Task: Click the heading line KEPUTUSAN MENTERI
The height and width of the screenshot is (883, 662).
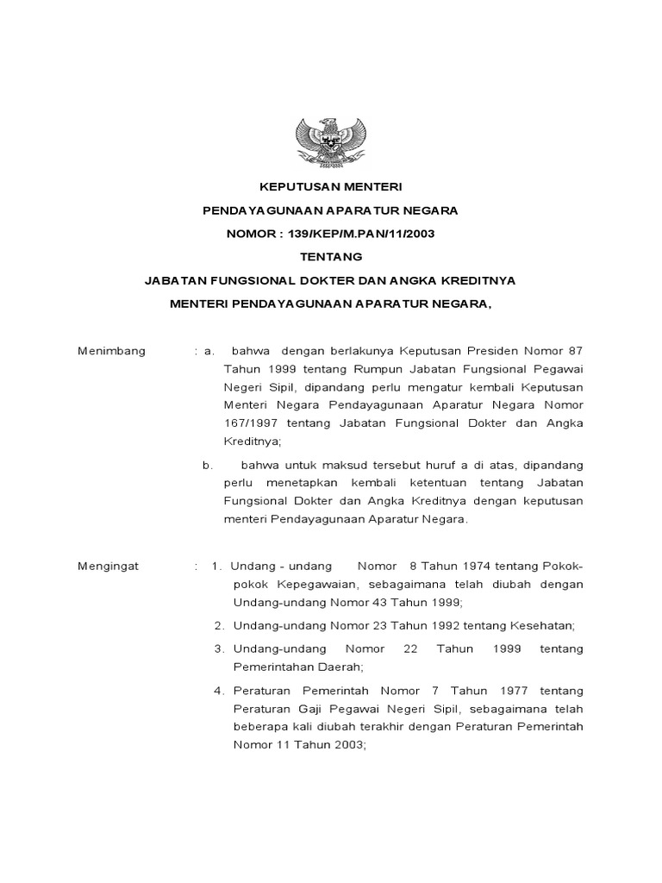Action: [331, 186]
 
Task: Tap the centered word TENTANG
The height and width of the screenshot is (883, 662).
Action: [331, 256]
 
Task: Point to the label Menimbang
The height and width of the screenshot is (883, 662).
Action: [112, 351]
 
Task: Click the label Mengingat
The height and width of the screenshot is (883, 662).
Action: [109, 566]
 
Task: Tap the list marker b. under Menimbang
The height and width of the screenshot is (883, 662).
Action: [208, 465]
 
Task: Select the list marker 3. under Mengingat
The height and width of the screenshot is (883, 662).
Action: [220, 648]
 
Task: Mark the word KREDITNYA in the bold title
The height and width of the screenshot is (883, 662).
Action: [472, 279]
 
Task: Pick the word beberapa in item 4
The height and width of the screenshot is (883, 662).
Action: [260, 727]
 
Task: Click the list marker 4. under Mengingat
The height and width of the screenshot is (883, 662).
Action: [220, 691]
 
